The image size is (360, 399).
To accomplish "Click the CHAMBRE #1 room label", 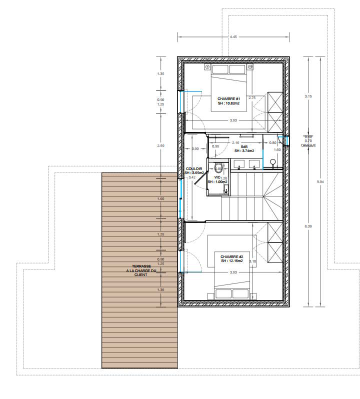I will [229, 99].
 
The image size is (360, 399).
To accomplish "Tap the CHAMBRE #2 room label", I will [231, 256].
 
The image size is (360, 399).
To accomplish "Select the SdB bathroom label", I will [244, 146].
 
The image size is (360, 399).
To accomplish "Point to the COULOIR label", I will [194, 169].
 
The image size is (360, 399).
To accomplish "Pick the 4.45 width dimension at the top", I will [233, 37].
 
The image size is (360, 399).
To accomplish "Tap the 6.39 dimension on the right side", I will [308, 226].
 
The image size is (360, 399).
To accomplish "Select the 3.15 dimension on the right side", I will [308, 95].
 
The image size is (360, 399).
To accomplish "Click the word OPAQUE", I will [308, 145].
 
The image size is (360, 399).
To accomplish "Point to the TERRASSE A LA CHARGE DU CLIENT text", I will [141, 270].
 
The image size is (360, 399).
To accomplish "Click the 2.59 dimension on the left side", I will [160, 145].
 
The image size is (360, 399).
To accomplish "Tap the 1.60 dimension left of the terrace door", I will [160, 198].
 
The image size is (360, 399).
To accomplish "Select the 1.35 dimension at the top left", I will [160, 74].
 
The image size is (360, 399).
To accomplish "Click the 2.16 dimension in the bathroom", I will [236, 142].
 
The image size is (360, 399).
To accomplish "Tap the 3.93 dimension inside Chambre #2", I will [233, 272].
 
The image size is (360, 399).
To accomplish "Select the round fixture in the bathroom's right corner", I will [273, 161].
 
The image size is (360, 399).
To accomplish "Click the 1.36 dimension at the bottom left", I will [160, 290].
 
